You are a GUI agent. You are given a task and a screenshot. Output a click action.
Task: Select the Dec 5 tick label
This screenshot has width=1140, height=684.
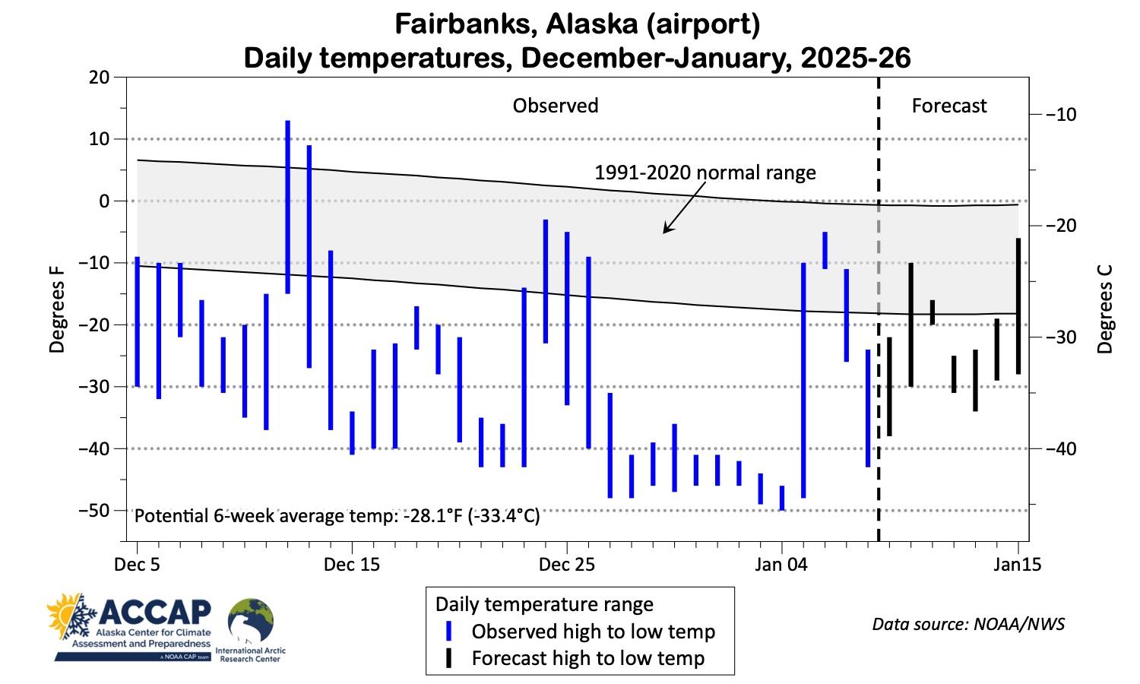[138, 565]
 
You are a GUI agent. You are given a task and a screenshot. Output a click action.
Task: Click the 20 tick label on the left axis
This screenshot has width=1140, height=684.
[100, 77]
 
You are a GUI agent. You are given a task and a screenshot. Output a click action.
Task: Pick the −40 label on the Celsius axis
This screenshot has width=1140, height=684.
[1057, 448]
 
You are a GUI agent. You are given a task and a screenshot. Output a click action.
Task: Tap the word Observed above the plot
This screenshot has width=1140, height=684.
[555, 106]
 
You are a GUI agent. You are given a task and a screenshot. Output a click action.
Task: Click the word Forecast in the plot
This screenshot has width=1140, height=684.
[948, 106]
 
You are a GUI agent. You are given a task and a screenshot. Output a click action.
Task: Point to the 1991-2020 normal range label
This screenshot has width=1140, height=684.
[705, 173]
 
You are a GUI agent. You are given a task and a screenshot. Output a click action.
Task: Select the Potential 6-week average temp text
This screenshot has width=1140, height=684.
[337, 516]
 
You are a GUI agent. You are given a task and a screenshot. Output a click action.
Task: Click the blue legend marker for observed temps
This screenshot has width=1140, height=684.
[449, 632]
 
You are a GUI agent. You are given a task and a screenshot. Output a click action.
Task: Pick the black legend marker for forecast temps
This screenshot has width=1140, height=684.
[449, 658]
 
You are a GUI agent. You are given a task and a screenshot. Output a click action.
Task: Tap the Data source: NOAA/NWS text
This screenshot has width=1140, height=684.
[968, 624]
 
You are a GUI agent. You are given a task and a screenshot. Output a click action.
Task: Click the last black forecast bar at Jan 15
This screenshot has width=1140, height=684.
[1018, 306]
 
